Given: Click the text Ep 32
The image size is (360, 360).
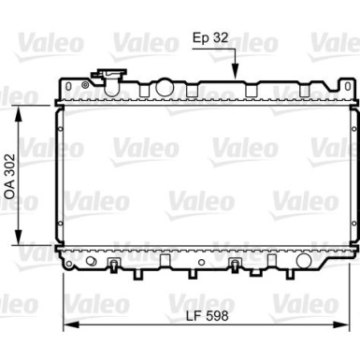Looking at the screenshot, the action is [x=210, y=37].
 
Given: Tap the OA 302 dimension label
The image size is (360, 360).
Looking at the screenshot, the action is [x=10, y=176].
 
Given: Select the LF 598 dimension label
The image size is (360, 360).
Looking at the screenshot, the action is [x=208, y=315].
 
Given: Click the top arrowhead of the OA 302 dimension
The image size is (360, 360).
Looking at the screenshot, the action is [x=19, y=113].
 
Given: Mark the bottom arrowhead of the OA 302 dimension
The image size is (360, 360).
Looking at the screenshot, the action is [x=19, y=238].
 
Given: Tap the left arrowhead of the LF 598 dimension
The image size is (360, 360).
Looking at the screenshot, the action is [x=71, y=325].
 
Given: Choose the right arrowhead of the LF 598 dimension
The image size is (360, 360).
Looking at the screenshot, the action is [x=341, y=325].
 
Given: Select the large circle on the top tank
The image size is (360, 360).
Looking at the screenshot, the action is [x=165, y=88].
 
